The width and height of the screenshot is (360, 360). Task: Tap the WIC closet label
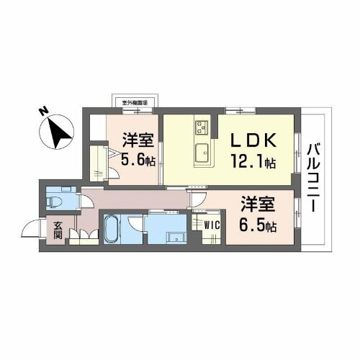(211, 224)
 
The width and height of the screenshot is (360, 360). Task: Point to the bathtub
(112, 230)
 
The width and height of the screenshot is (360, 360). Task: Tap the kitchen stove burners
(201, 129)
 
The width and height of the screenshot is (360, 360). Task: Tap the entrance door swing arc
(32, 230)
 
